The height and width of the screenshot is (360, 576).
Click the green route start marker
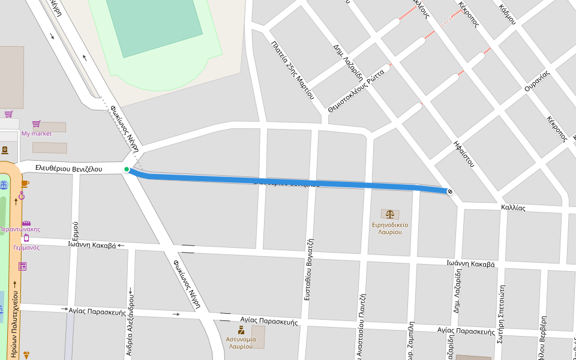pyautogui.click(x=127, y=170)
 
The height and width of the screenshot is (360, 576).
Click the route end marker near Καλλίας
pyautogui.click(x=450, y=191)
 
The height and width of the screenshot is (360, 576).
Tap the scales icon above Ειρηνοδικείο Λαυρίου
pyautogui.click(x=391, y=214)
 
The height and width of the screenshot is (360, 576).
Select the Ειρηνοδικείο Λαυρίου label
pyautogui.click(x=391, y=228)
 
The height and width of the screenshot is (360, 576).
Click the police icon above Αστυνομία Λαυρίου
pyautogui.click(x=241, y=330)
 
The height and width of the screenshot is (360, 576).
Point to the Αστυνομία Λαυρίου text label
pyautogui.click(x=241, y=343)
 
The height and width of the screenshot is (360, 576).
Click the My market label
pyautogui.click(x=37, y=134)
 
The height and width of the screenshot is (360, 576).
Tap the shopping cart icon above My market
pyautogui.click(x=36, y=124)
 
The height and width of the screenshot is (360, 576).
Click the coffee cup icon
pyautogui.click(x=25, y=184)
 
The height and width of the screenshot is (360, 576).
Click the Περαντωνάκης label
pyautogui.click(x=20, y=229)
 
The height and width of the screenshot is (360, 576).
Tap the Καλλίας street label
pyautogui.click(x=513, y=208)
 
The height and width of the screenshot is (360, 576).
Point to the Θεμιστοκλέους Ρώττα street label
pyautogui.click(x=356, y=89)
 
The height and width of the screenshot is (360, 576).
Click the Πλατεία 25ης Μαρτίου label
pyautogui.click(x=293, y=70)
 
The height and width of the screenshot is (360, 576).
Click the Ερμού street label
pyautogui.click(x=75, y=230)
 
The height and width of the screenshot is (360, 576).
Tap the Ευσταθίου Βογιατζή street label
pyautogui.click(x=310, y=269)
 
